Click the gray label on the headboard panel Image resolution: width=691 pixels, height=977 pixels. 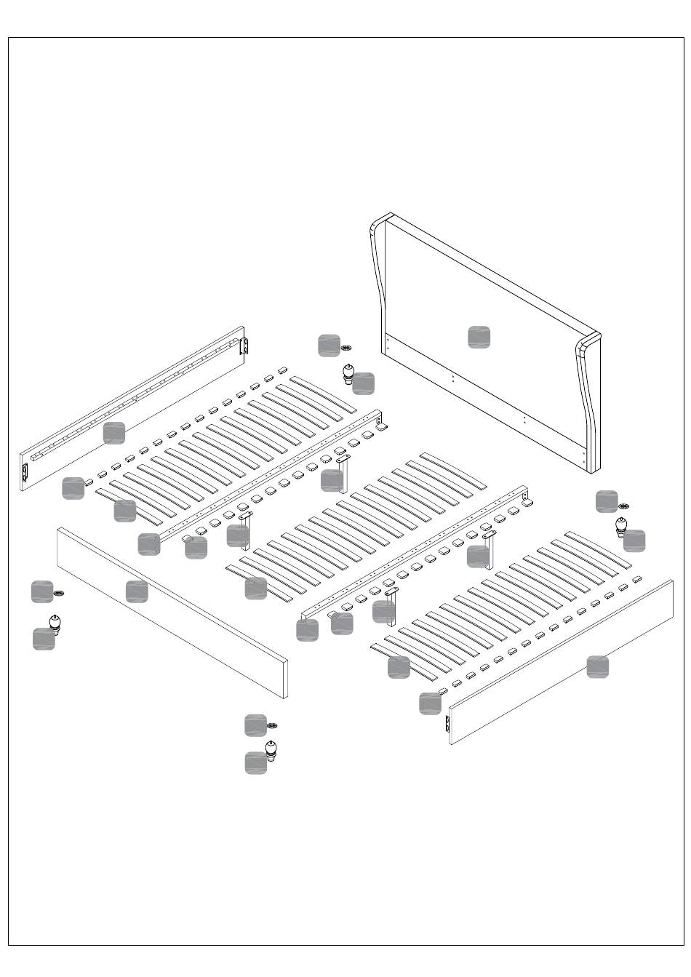click(479, 337)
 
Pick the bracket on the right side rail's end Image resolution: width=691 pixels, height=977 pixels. click(447, 725)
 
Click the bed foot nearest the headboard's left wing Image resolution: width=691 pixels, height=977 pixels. click(349, 374)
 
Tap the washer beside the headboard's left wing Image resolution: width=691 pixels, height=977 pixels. click(346, 348)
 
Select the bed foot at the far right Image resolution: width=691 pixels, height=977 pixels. click(622, 526)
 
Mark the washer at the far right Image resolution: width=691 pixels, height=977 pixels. click(623, 506)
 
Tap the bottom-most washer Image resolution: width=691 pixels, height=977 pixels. click(272, 726)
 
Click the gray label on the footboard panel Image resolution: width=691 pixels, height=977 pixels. click(137, 591)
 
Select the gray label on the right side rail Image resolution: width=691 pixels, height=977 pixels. click(598, 666)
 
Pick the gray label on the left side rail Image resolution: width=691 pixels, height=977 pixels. click(113, 432)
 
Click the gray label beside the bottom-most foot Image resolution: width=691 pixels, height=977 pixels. click(255, 762)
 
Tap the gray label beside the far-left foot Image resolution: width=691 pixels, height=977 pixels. click(44, 639)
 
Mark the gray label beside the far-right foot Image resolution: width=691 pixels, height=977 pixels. click(634, 541)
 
